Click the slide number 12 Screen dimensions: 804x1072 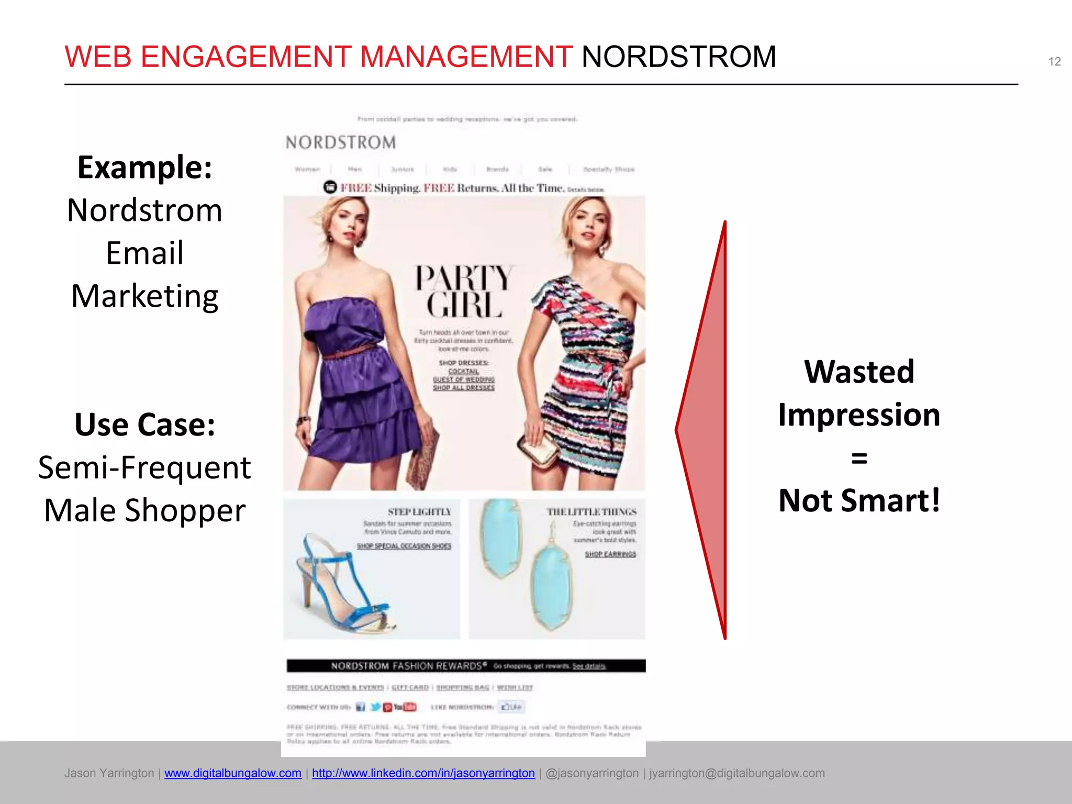click(1054, 62)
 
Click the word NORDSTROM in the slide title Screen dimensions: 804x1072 click(678, 57)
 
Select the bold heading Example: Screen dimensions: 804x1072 click(144, 167)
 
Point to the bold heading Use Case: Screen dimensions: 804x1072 click(144, 424)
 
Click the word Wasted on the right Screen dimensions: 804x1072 click(859, 372)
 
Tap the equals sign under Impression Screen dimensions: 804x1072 click(859, 458)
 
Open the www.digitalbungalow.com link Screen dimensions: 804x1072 click(233, 773)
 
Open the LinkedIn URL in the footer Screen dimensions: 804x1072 click(423, 773)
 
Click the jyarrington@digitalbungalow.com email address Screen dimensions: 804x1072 click(737, 773)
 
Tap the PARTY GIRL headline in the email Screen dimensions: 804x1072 click(464, 291)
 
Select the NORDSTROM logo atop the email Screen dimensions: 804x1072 click(341, 142)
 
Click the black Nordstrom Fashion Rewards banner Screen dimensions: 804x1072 click(465, 666)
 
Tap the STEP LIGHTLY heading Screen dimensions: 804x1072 click(419, 512)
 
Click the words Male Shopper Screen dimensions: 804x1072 click(144, 510)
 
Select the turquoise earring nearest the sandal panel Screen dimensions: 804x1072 click(501, 537)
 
